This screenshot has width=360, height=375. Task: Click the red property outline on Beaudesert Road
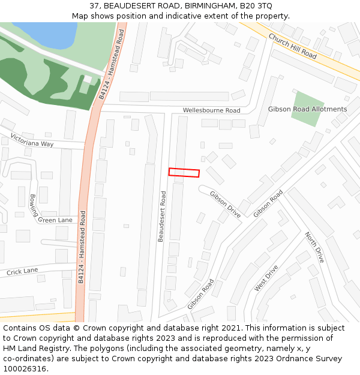tap(184, 173)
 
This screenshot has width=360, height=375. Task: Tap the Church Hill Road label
tap(292, 46)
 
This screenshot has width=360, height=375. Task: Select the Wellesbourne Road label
tap(211, 110)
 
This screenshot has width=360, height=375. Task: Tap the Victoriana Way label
tap(32, 140)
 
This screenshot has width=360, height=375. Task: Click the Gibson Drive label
tap(224, 204)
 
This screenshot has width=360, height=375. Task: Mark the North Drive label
tap(314, 247)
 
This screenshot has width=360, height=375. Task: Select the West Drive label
tap(266, 278)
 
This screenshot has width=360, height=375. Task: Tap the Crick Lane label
tap(22, 271)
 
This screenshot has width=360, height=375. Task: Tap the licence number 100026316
tap(25, 369)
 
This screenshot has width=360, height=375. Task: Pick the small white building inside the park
tap(88, 79)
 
